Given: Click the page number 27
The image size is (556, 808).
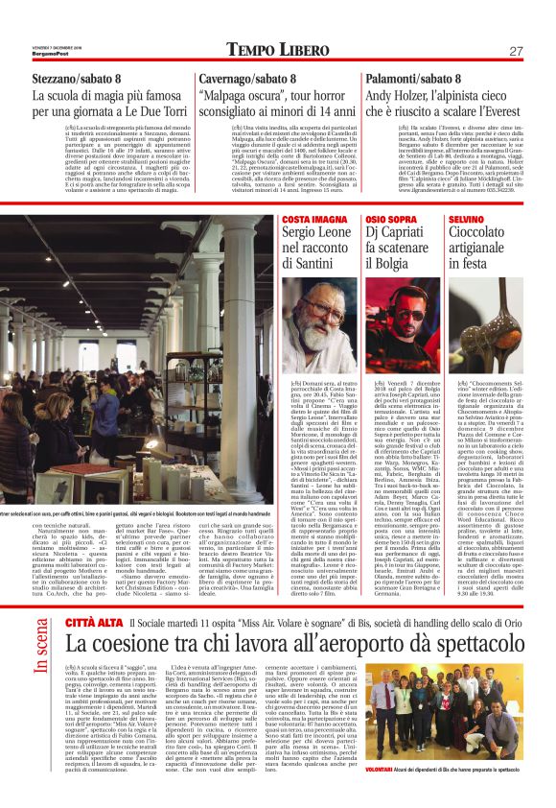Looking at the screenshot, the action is click(515, 50).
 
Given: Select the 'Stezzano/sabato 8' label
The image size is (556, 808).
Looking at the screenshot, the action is click(76, 80).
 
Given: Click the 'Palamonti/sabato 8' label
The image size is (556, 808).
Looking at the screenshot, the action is click(413, 80).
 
